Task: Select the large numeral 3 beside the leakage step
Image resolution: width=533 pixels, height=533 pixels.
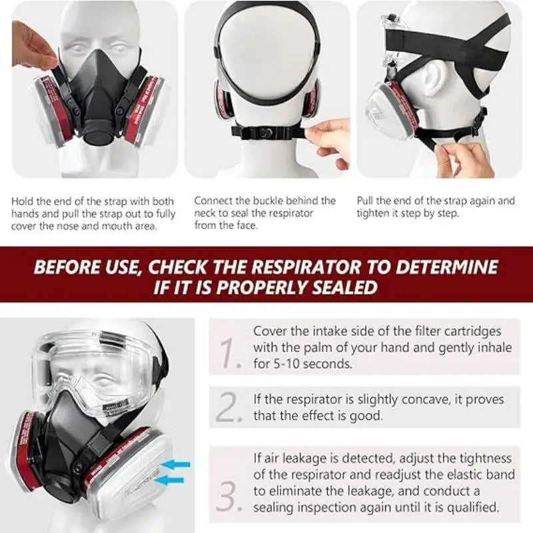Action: coord(229,496)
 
